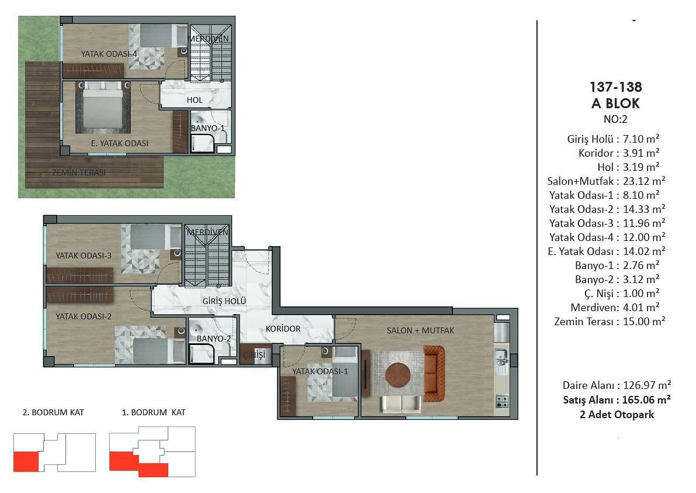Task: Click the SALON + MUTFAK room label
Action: pos(420,330)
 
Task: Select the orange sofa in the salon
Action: pos(434,374)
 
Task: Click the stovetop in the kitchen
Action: pos(502,402)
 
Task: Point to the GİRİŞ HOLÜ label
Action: pos(224,301)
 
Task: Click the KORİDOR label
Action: pos(283,329)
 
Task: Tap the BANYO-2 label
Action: pos(213,339)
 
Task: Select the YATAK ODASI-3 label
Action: pos(84,256)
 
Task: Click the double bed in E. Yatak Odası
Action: pos(103,108)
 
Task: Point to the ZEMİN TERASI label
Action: pos(78,173)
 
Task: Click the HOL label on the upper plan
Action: pos(195,100)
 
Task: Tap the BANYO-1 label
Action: pos(207,128)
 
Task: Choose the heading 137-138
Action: pos(616,87)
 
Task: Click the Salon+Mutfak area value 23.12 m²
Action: pos(644,181)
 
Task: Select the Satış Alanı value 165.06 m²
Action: pos(646,400)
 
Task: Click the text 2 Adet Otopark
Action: pos(617,415)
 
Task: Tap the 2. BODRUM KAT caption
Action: pos(53,412)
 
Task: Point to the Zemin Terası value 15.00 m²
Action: pos(644,322)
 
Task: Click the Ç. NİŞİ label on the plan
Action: pos(254,354)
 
